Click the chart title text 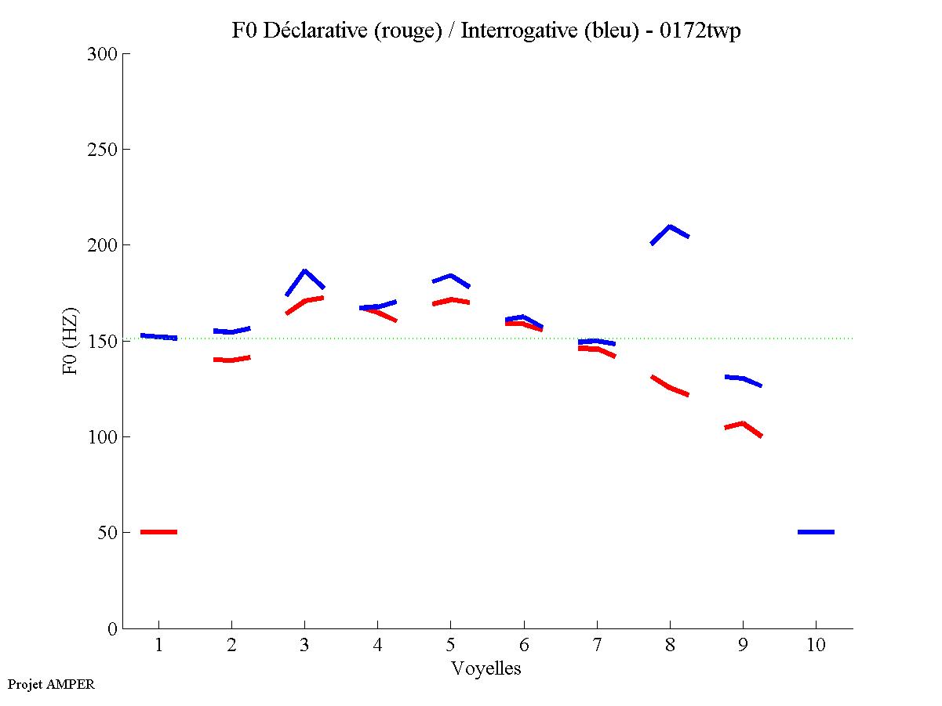click(x=486, y=31)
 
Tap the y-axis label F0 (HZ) click(x=71, y=341)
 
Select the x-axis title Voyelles click(x=486, y=668)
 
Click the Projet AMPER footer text click(x=51, y=684)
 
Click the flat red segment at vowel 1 click(x=158, y=532)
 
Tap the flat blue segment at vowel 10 click(x=816, y=532)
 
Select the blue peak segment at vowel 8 click(x=670, y=229)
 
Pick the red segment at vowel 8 click(x=670, y=387)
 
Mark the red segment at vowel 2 click(x=231, y=360)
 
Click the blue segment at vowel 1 click(x=158, y=336)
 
